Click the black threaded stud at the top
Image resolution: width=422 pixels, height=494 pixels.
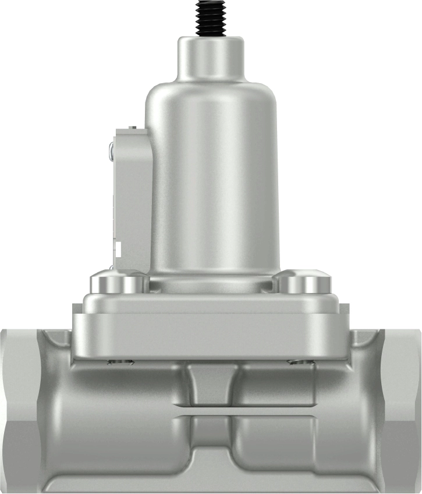click(x=210, y=17)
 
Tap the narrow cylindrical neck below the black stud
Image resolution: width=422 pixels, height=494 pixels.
click(x=210, y=59)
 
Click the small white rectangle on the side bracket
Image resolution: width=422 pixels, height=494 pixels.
click(x=118, y=251)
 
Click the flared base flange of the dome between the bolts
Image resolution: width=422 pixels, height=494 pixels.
click(x=211, y=284)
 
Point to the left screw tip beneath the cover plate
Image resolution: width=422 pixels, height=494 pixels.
click(x=120, y=362)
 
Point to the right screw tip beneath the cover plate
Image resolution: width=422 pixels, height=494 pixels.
click(x=301, y=362)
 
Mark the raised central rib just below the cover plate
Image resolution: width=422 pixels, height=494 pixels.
click(x=211, y=384)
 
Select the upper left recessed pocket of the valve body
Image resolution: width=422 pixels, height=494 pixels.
click(x=128, y=387)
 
